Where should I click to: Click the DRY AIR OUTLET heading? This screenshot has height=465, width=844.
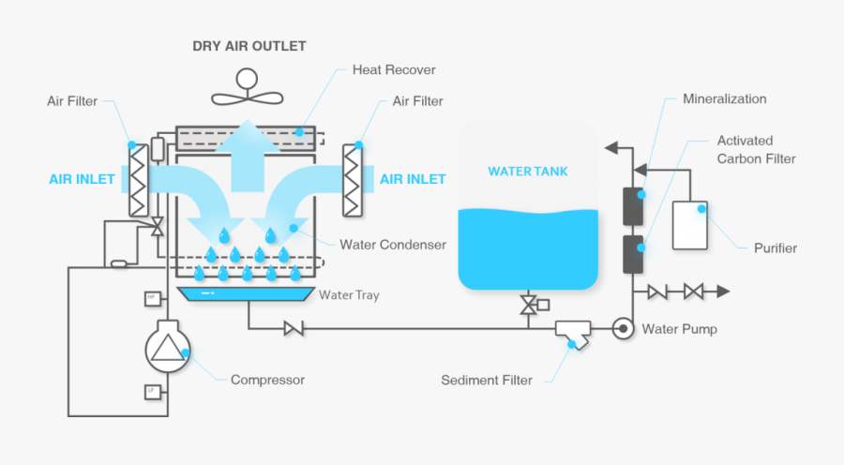point(249,45)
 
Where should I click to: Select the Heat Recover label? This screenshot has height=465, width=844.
point(394,70)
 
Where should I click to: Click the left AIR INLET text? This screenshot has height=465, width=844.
point(82,178)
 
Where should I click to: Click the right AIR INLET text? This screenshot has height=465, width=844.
point(413,178)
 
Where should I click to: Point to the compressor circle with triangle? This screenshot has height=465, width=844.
point(168,350)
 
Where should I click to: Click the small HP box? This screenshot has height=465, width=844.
point(150,298)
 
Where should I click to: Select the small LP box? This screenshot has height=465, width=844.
point(150,390)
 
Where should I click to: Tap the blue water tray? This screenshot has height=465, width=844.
point(246,294)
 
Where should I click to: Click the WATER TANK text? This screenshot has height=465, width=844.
point(527,172)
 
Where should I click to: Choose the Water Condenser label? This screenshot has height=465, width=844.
point(393,246)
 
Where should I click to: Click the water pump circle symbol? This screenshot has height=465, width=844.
point(621,329)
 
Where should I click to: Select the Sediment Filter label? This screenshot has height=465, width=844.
point(487,381)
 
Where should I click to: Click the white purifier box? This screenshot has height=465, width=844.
point(690,225)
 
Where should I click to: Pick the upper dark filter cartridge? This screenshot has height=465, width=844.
point(633,206)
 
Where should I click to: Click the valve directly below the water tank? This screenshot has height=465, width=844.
point(530,305)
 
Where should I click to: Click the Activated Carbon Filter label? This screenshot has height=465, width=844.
point(756,149)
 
